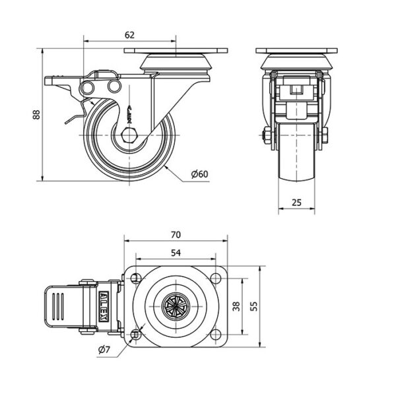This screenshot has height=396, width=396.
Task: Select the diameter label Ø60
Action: [199, 174]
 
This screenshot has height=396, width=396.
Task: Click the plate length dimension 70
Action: [175, 234]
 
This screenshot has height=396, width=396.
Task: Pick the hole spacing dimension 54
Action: [175, 251]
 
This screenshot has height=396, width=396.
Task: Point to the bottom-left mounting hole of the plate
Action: [136, 334]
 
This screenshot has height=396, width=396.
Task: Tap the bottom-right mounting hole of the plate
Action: [215, 334]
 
